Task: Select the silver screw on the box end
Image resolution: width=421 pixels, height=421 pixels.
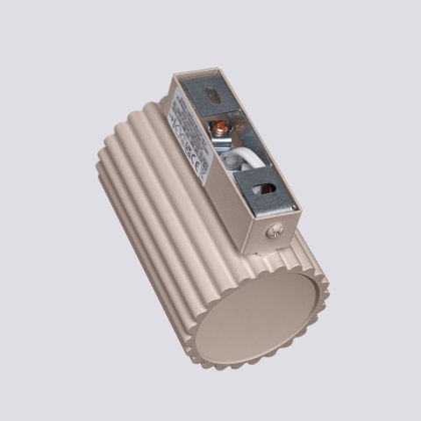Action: coord(275,230)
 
